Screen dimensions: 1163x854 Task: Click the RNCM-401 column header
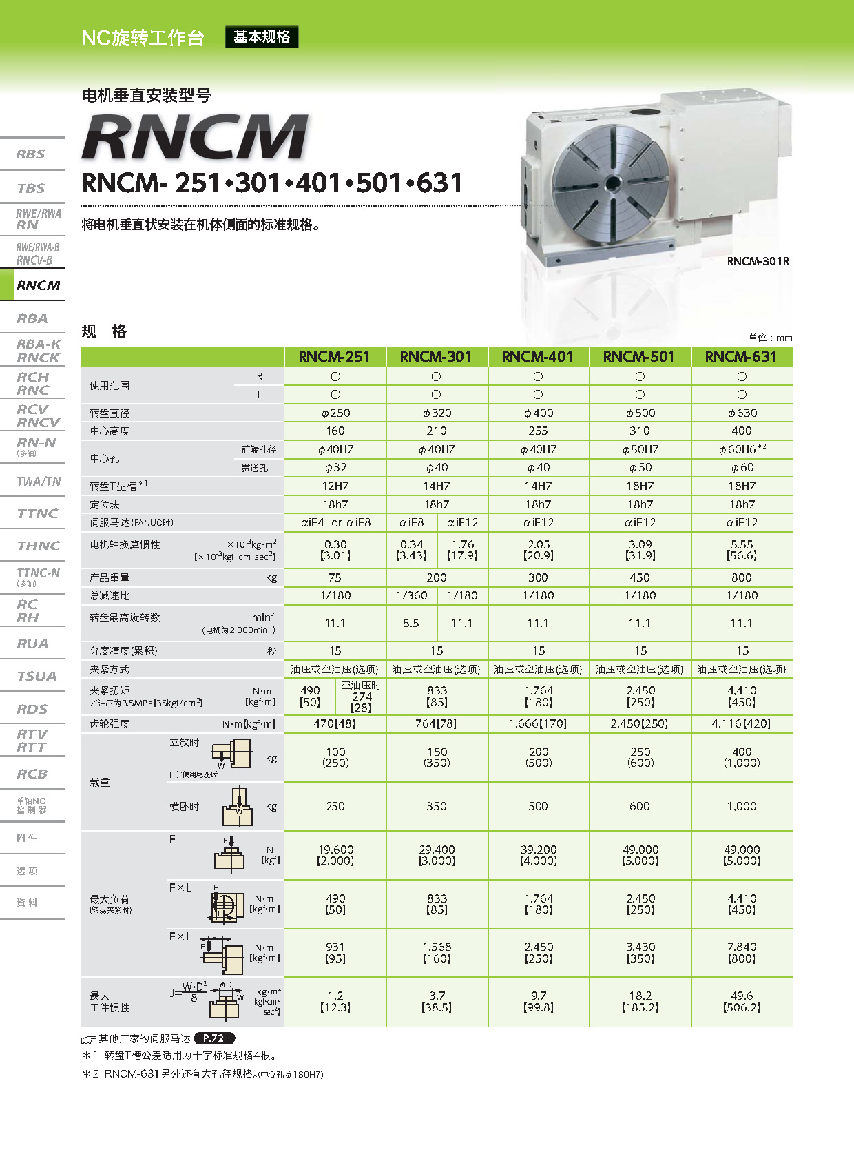537,357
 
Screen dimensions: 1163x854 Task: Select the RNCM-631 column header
741,357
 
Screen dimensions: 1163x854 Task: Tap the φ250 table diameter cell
335,413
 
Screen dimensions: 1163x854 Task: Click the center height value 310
639,431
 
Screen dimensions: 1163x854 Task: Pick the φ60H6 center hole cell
741,449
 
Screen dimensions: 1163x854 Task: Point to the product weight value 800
741,577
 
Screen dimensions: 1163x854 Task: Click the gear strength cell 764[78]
437,723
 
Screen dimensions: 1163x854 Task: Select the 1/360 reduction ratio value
411,595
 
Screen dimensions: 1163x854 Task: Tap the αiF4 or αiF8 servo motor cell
335,522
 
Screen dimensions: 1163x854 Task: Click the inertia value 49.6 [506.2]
741,1001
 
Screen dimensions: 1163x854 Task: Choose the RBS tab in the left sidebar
31,154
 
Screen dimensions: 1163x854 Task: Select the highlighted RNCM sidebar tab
38,285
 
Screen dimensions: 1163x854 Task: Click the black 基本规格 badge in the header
262,37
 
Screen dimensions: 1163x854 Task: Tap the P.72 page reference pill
214,1038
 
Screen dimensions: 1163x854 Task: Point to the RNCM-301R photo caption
758,261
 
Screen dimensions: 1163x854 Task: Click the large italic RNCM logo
195,137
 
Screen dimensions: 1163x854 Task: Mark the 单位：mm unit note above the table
770,338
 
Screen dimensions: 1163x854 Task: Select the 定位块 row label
105,504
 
